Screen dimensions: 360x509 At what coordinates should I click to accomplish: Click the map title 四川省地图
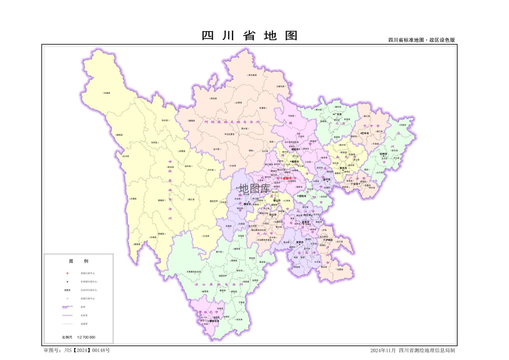tap(249, 36)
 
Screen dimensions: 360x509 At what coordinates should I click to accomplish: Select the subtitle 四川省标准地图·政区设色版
tap(421, 40)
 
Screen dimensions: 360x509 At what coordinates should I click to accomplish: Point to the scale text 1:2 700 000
tap(86, 338)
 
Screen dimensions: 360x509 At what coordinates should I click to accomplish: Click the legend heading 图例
tap(78, 261)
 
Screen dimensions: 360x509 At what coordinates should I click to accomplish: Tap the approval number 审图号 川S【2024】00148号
tap(77, 350)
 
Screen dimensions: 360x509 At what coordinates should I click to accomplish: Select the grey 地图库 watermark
tap(254, 188)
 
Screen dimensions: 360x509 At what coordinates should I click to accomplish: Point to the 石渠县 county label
tap(107, 93)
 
